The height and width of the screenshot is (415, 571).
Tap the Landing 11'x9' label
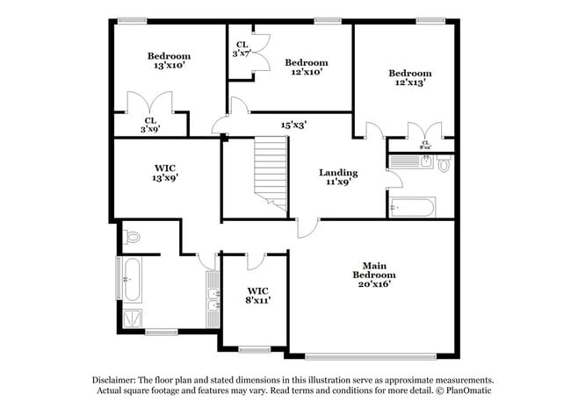338,177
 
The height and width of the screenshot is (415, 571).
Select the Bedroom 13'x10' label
168,60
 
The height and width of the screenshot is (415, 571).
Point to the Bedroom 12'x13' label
410,77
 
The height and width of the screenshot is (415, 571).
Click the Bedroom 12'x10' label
306,67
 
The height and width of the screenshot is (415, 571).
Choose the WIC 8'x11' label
257,295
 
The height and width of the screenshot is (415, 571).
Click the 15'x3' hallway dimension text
293,125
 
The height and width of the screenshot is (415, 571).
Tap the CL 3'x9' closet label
150,125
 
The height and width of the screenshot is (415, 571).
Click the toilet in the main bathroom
132,236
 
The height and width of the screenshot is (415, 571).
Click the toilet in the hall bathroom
445,164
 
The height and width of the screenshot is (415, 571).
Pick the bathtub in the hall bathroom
412,209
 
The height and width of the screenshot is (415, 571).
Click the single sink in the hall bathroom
424,161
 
